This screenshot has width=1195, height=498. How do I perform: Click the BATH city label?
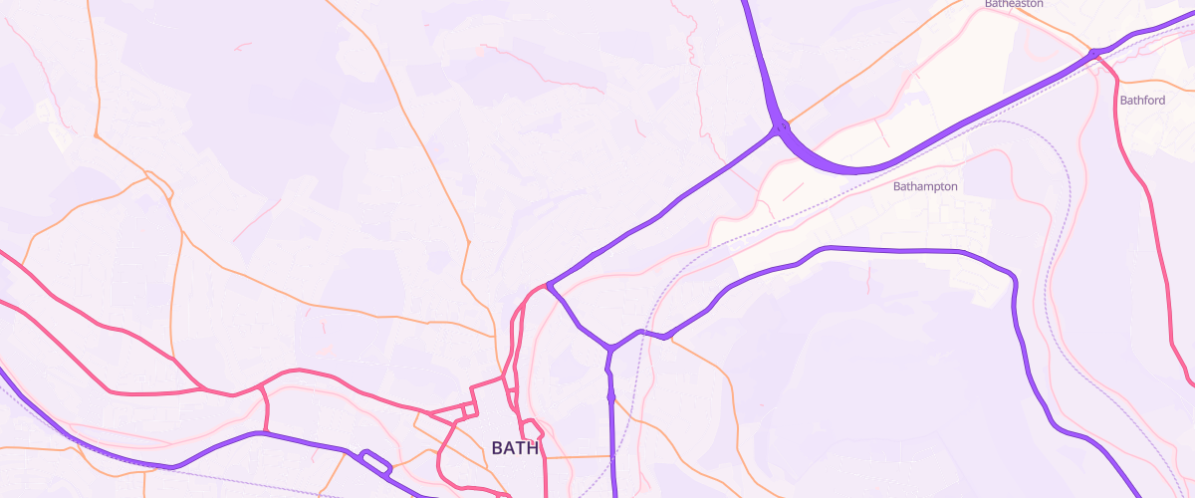pyautogui.click(x=515, y=448)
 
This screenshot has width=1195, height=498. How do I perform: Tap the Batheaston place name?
pyautogui.click(x=1014, y=4)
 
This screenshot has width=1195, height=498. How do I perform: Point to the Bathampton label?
pyautogui.click(x=925, y=186)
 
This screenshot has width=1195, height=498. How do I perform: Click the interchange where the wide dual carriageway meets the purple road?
pyautogui.click(x=781, y=127)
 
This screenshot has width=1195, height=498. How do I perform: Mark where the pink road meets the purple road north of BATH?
pyautogui.click(x=548, y=287)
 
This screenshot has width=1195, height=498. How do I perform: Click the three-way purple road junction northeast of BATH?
pyautogui.click(x=608, y=348)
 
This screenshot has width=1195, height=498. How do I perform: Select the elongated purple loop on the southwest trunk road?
pyautogui.click(x=373, y=461)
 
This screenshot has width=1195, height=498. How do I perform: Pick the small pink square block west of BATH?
pyautogui.click(x=468, y=411)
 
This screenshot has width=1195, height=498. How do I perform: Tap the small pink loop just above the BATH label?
pyautogui.click(x=533, y=429)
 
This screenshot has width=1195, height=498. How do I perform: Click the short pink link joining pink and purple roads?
pyautogui.click(x=265, y=408)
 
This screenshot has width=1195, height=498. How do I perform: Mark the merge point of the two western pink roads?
pyautogui.click(x=204, y=389)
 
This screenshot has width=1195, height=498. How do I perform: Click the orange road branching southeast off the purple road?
pyautogui.click(x=702, y=359)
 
